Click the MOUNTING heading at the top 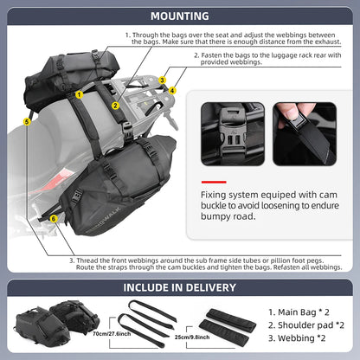tap(179, 15)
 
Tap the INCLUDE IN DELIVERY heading tap(179, 287)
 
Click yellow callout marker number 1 tap(79, 93)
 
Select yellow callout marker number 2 tap(115, 106)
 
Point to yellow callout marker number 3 tap(162, 80)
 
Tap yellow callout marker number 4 tap(172, 90)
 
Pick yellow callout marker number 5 tap(28, 123)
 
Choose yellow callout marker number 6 tap(54, 219)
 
